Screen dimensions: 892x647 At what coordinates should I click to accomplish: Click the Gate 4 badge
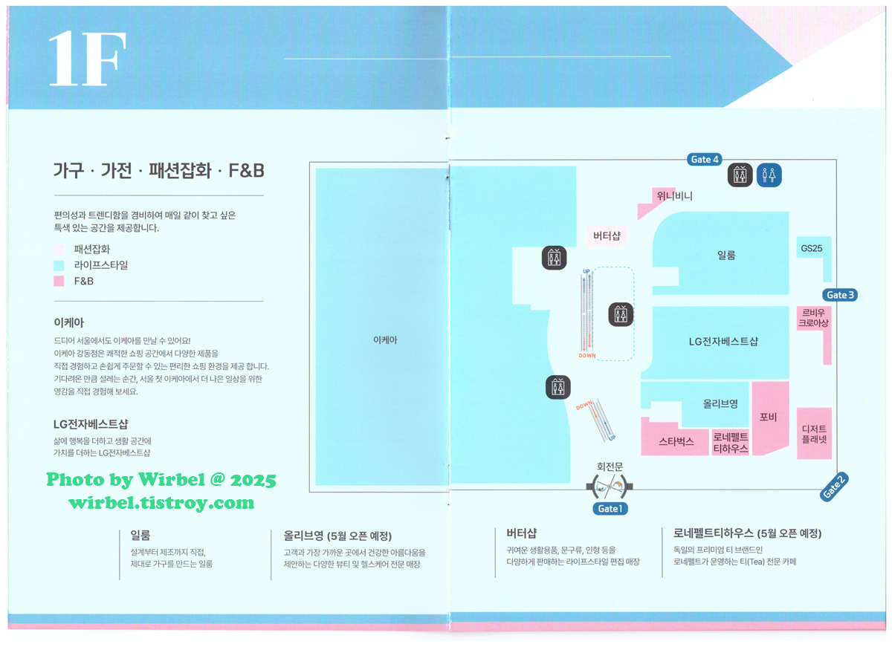(x=705, y=160)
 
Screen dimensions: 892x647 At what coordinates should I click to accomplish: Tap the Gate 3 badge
(x=840, y=295)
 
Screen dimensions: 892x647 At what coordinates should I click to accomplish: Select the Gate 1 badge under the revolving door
(x=609, y=509)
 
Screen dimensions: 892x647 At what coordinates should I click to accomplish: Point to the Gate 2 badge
(x=834, y=486)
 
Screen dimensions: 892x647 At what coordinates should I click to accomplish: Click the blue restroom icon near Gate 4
(x=769, y=175)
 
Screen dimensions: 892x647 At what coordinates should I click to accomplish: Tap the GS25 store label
(x=811, y=249)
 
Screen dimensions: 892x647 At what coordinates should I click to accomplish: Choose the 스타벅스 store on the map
(x=676, y=441)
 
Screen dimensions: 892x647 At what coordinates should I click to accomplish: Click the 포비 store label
(x=769, y=417)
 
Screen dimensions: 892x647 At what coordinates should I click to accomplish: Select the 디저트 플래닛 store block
(x=814, y=434)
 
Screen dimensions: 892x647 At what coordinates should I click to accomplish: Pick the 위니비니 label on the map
(x=674, y=196)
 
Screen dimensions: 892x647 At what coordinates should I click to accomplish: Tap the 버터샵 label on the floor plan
(x=607, y=236)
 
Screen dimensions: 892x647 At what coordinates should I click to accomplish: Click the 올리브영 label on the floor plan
(x=720, y=404)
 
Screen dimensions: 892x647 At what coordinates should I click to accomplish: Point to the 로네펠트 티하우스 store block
(x=731, y=443)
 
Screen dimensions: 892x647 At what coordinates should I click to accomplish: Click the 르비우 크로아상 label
(x=813, y=318)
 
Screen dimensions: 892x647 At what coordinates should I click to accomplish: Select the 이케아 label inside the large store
(x=385, y=340)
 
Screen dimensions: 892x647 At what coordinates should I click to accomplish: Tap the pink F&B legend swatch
(x=59, y=282)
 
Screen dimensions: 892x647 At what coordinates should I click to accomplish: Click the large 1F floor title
(x=86, y=59)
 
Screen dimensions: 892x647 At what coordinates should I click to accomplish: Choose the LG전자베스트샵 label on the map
(x=723, y=342)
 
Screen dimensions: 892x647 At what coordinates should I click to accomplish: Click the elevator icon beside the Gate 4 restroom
(x=740, y=175)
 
